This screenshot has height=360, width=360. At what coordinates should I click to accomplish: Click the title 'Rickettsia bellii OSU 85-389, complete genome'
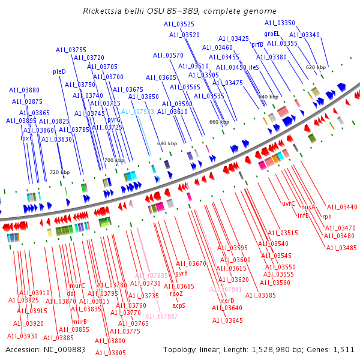click(x=179, y=11)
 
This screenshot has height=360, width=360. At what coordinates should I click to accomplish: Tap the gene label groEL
click(x=272, y=34)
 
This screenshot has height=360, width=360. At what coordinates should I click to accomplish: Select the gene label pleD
click(x=59, y=71)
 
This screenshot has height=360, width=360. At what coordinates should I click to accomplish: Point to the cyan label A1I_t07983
click(x=137, y=112)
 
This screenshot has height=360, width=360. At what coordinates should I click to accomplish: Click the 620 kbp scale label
click(x=316, y=67)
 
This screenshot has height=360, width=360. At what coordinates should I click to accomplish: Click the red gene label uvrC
click(x=289, y=203)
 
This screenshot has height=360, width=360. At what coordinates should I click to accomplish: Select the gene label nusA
click(x=308, y=207)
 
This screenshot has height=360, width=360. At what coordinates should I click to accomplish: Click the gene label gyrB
click(x=181, y=273)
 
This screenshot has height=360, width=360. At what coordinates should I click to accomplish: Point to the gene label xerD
click(x=227, y=301)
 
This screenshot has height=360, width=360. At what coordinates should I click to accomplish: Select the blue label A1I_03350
click(x=280, y=23)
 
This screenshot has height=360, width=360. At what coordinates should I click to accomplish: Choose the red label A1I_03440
click(x=341, y=207)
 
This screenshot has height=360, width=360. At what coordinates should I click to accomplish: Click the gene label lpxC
click(x=27, y=137)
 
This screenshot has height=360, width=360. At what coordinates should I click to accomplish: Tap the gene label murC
click(x=77, y=286)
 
